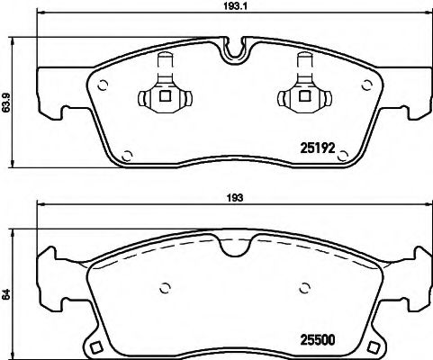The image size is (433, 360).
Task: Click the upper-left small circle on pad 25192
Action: point(103,86)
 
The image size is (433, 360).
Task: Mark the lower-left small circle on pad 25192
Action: point(127,154)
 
